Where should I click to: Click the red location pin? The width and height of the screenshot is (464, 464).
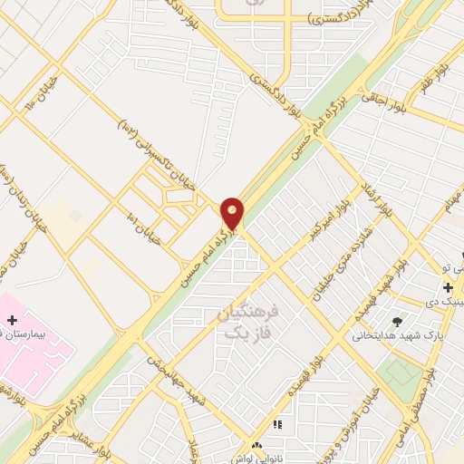233,214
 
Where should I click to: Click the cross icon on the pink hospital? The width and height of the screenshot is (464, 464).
12,320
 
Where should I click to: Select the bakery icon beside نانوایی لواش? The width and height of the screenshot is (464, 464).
257,446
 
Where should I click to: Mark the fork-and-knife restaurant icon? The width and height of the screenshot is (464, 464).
277,423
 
